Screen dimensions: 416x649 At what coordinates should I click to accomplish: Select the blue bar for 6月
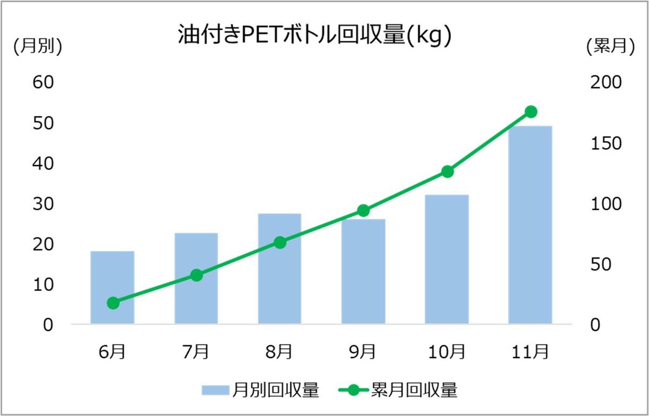[x=112, y=287]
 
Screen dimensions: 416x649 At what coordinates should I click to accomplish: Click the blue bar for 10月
[x=447, y=259]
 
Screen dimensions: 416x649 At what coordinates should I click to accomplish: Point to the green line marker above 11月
[x=531, y=112]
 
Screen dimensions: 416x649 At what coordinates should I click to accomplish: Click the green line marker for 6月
[x=112, y=303]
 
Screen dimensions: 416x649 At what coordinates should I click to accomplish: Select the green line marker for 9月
[x=363, y=210]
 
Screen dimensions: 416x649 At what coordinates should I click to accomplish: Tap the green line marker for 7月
[x=196, y=275]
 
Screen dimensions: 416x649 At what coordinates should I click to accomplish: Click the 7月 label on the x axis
[x=196, y=352]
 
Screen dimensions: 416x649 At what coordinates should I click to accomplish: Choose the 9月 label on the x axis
[x=363, y=352]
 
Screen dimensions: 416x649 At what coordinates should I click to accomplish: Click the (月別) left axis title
[x=38, y=48]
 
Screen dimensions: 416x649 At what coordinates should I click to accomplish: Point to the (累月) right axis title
[x=610, y=48]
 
